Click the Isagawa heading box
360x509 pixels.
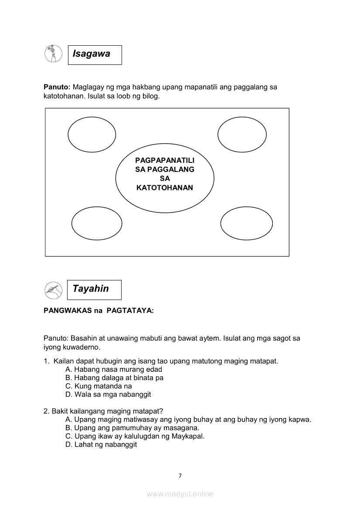(x=95, y=55)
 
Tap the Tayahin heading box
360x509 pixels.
(x=94, y=290)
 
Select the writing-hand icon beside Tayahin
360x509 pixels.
(x=52, y=290)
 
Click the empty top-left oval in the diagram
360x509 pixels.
(x=92, y=134)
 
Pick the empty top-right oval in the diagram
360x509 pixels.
(x=242, y=134)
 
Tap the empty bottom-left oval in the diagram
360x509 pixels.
(x=97, y=224)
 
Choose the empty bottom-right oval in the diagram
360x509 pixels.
(x=246, y=224)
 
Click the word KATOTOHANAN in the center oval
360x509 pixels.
(x=164, y=188)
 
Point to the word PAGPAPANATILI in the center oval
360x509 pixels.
(x=165, y=160)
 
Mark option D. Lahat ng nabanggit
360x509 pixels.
(x=101, y=445)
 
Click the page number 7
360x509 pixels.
(x=180, y=475)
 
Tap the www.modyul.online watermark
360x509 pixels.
(x=180, y=494)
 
